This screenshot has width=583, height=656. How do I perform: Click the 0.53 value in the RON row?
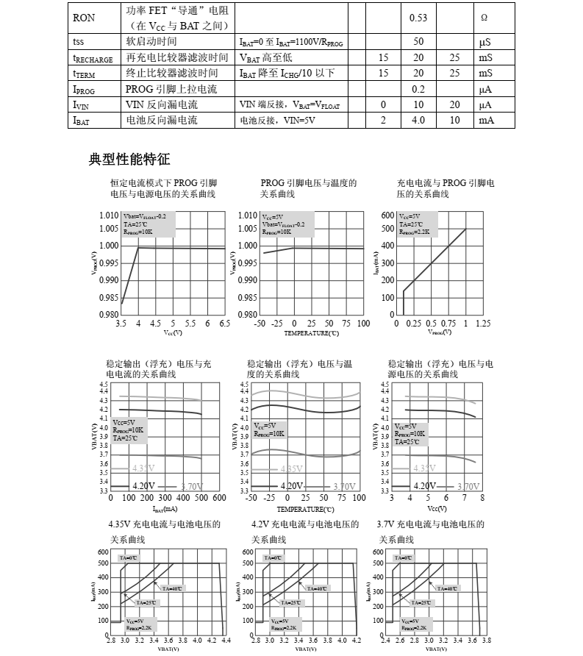[418, 17]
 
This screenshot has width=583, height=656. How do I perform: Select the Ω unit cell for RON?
[484, 17]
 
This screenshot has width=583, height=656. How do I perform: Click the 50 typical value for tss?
[418, 42]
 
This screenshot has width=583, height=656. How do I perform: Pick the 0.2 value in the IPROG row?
[418, 89]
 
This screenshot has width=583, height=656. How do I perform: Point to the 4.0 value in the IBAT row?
[418, 121]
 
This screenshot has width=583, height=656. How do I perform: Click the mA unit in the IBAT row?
[485, 121]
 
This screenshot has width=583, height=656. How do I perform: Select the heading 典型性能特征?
[129, 159]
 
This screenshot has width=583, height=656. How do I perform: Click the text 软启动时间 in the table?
[152, 42]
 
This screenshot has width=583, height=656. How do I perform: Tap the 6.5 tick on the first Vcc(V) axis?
[225, 323]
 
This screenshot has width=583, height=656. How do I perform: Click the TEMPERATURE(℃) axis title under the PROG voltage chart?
[312, 333]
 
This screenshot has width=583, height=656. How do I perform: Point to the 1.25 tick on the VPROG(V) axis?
[483, 323]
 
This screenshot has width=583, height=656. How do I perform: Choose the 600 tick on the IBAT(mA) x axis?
[218, 498]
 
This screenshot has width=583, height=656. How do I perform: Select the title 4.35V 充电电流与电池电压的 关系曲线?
[164, 532]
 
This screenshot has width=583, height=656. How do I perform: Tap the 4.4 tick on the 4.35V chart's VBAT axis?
[225, 641]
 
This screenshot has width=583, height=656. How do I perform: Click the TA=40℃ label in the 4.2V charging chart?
[318, 588]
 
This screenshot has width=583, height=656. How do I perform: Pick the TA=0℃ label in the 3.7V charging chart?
[404, 558]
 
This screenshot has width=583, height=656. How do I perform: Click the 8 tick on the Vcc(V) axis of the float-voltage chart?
[482, 498]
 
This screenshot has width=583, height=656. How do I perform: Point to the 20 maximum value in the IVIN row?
[455, 105]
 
